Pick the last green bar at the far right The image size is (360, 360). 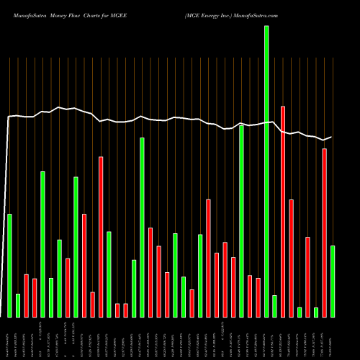(333, 281)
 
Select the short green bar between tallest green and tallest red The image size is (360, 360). (274, 306)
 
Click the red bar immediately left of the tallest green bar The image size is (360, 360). (258, 297)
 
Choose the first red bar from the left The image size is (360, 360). (26, 295)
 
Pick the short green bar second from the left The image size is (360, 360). (18, 305)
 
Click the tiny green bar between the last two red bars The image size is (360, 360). (316, 312)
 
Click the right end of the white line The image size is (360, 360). (331, 137)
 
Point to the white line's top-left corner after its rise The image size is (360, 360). (9, 116)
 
